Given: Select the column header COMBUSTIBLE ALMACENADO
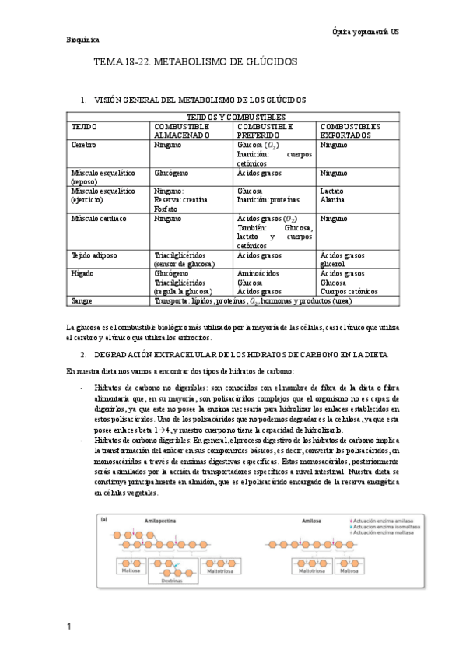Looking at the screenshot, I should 183,130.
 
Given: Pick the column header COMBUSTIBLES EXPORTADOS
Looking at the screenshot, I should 350,130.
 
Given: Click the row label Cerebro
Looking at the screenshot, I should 85,145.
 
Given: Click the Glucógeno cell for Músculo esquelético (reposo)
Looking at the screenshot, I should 171,173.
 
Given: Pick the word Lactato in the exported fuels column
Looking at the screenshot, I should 331,191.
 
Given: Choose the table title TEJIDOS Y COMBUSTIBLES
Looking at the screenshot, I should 232,117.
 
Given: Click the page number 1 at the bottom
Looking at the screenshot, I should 69,627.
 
